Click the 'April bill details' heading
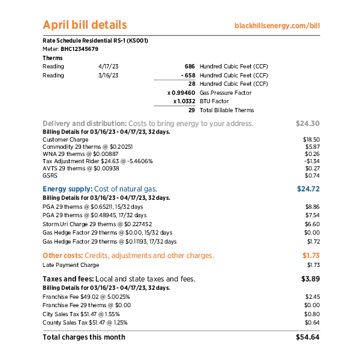point(85,25)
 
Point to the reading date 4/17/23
point(108,66)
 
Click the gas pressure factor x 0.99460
point(181,93)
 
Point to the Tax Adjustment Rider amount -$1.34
point(311,161)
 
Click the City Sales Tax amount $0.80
point(312,314)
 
